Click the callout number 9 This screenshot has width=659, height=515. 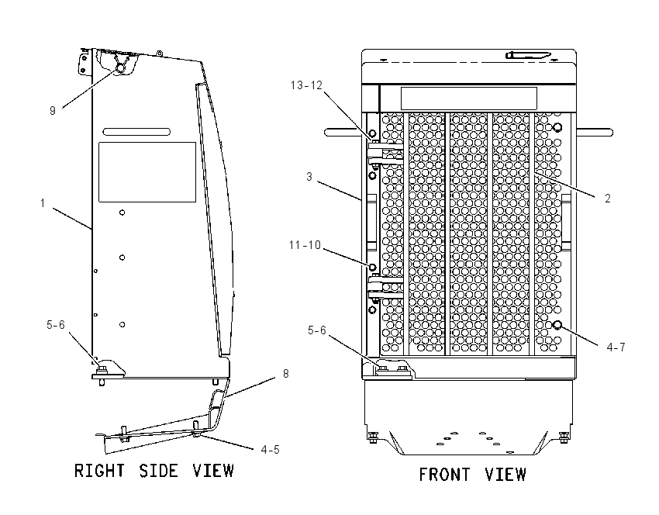coord(53,111)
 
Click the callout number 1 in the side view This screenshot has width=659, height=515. coord(43,203)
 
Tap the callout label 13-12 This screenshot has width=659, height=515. coord(306,85)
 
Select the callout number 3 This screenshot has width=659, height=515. coord(309,177)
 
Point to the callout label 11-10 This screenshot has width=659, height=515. coord(305,244)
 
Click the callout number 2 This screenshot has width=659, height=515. coord(607,199)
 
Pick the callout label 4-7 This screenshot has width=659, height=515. coord(616,347)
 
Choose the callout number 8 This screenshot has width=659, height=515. coord(286,374)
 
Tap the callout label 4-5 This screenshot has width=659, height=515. coord(270,450)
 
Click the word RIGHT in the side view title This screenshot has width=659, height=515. coord(99,471)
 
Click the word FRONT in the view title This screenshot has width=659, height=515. coord(444,475)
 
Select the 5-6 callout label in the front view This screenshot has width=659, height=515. coord(317,330)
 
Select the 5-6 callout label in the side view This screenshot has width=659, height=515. coord(56,324)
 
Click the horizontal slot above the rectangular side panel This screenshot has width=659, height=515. coord(136,132)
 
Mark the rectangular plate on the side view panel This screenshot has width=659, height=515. coord(147,172)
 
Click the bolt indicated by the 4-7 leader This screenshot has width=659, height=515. coord(557,324)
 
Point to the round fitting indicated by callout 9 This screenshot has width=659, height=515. coord(120,68)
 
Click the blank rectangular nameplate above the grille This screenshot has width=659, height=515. coord(468,99)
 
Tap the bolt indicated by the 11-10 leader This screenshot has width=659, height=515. coord(372,267)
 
